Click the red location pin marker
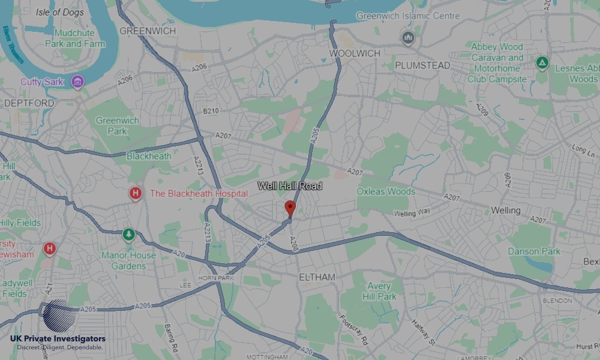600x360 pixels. click(x=290, y=208)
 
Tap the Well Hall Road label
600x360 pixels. click(x=290, y=187)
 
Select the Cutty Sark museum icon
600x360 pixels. click(x=77, y=81)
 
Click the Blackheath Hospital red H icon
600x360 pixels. click(x=136, y=194)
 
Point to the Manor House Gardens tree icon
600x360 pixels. click(x=128, y=235)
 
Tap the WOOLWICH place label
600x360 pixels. click(x=355, y=53)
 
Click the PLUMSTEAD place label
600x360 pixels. click(x=422, y=65)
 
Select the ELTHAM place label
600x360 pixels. click(x=317, y=277)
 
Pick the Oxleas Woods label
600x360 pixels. click(x=386, y=192)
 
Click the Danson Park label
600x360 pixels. click(x=535, y=251)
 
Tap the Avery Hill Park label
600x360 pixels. click(x=379, y=292)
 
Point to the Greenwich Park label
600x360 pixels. click(x=117, y=125)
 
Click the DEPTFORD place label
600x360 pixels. click(x=29, y=103)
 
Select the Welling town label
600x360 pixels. click(x=505, y=211)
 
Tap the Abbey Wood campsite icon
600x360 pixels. click(x=542, y=62)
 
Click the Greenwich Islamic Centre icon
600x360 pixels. click(x=409, y=38)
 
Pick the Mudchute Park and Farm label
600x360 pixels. click(x=79, y=38)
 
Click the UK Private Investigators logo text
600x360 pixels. click(x=58, y=339)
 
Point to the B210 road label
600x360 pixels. click(x=211, y=111)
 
